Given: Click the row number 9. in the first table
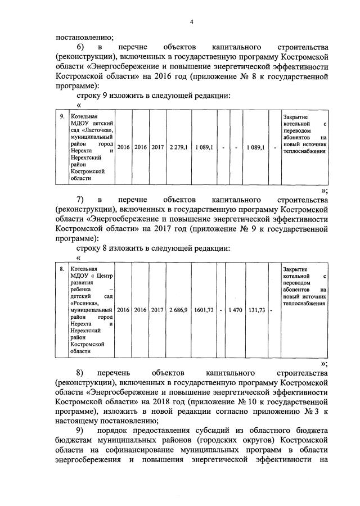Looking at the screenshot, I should tap(62, 116).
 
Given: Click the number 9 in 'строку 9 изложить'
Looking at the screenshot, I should tap(105, 96).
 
